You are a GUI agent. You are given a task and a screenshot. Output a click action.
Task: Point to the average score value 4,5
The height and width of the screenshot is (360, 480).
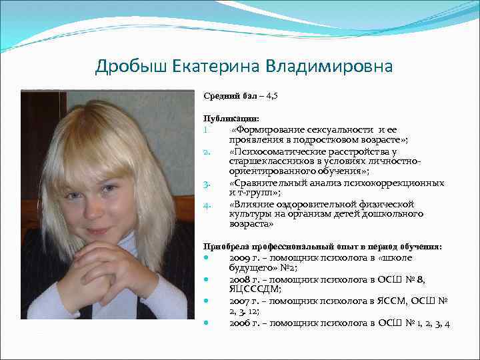pyautogui.click(x=271, y=97)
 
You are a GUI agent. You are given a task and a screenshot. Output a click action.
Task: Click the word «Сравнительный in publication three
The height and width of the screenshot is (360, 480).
pyautogui.click(x=266, y=183)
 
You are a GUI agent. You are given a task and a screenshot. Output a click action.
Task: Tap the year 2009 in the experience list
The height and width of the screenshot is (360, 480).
pyautogui.click(x=240, y=257)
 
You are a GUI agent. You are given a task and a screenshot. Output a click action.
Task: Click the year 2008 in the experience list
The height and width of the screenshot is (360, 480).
pyautogui.click(x=240, y=279)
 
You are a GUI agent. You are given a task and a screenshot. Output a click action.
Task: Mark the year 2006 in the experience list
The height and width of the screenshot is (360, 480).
pyautogui.click(x=240, y=323)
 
